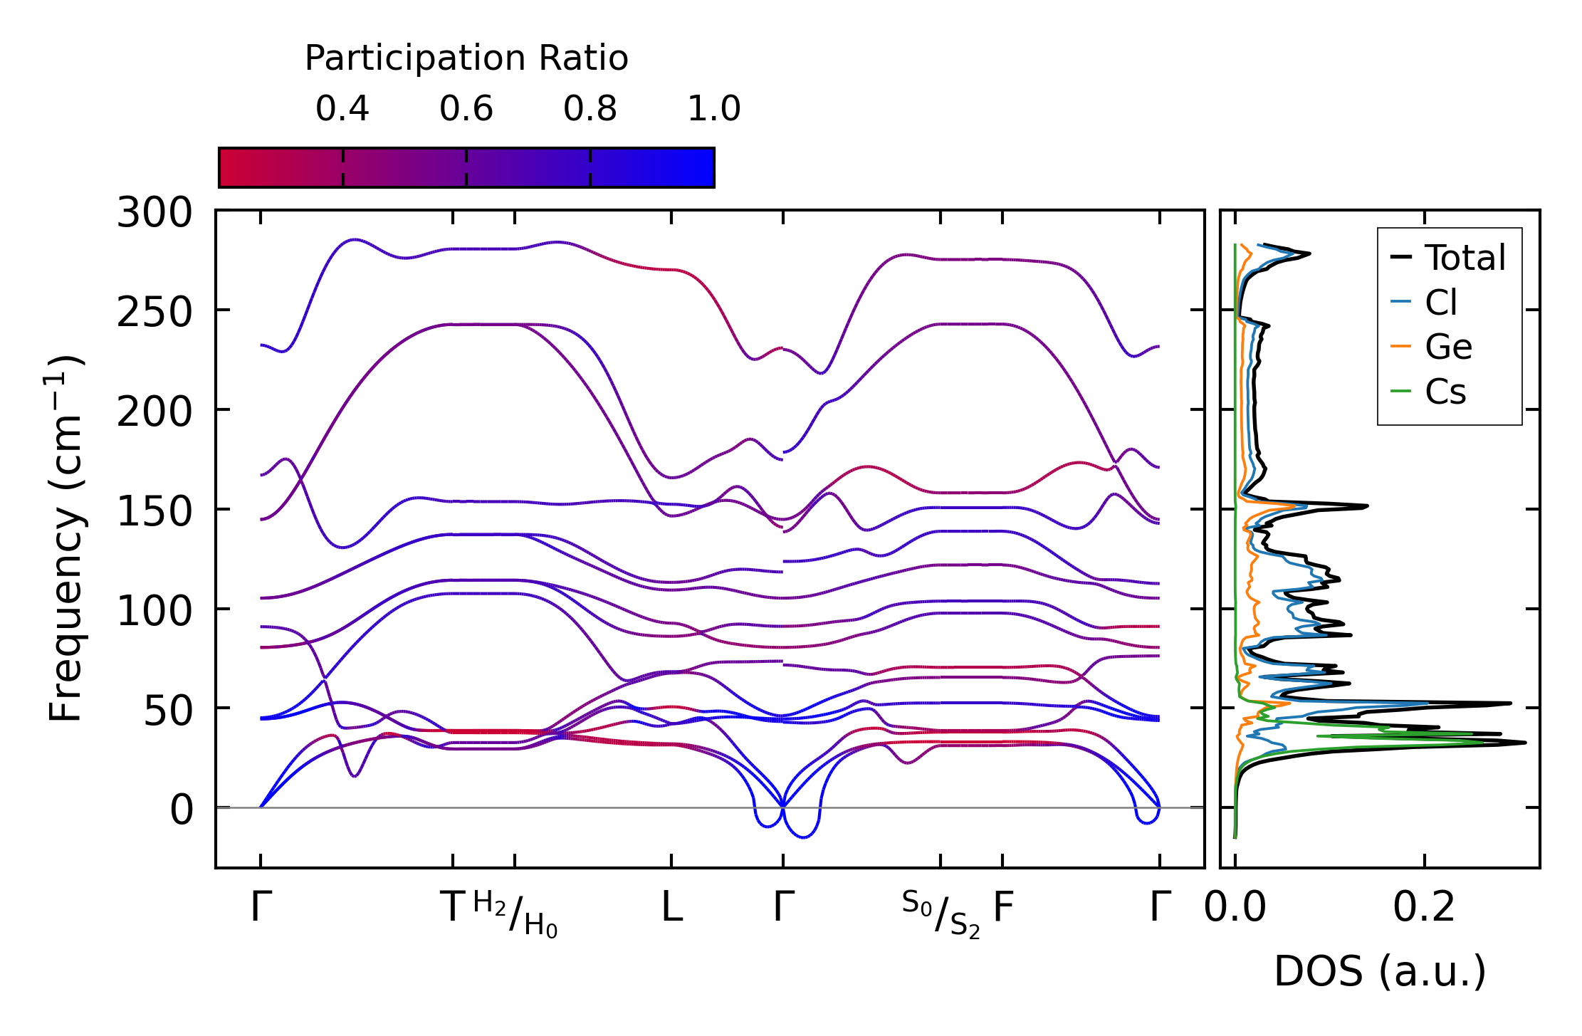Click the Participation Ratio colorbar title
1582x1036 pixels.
pos(466,58)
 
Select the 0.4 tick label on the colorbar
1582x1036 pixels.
pos(342,109)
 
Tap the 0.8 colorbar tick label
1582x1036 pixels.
pos(590,109)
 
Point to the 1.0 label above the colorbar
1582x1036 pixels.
pos(714,109)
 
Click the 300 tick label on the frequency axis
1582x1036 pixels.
pos(154,213)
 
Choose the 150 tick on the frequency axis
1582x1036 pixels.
pos(154,511)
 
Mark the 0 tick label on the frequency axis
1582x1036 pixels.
pos(182,810)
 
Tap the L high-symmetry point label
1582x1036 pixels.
pos(672,908)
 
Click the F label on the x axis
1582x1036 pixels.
pos(1003,908)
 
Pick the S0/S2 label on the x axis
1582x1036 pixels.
pos(941,914)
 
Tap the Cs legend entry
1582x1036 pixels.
pos(1445,392)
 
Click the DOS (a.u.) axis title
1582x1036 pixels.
pos(1380,971)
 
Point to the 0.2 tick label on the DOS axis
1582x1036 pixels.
pos(1424,908)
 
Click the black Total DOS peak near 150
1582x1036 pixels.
pos(1366,506)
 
